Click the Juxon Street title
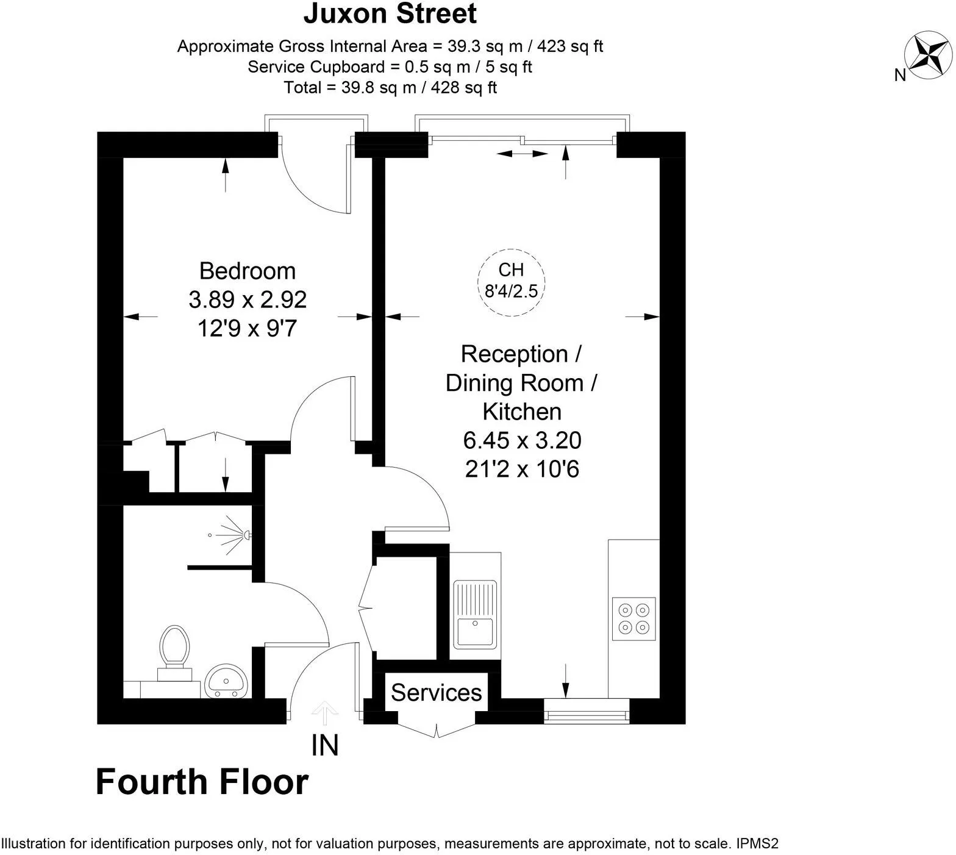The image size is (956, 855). click(390, 13)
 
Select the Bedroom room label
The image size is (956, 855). click(248, 271)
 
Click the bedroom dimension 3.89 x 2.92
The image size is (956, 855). click(248, 299)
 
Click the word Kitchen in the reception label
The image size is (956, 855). click(522, 412)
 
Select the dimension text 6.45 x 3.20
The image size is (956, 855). click(522, 440)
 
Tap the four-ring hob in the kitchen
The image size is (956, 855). click(634, 618)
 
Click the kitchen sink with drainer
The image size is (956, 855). click(476, 614)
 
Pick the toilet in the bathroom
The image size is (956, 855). click(174, 652)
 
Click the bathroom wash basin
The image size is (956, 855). click(226, 681)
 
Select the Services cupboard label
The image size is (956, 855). click(437, 693)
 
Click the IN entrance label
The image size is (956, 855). click(325, 745)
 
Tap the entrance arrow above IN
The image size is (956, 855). click(325, 714)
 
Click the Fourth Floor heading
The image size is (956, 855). click(202, 782)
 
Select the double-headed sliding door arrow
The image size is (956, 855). click(523, 154)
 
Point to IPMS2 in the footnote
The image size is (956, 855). click(757, 844)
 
